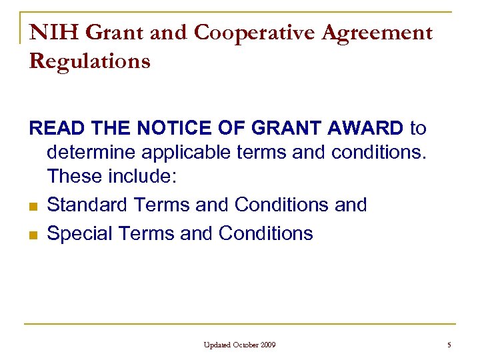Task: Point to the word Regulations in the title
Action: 90,61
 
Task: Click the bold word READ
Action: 52,127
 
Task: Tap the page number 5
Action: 449,345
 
